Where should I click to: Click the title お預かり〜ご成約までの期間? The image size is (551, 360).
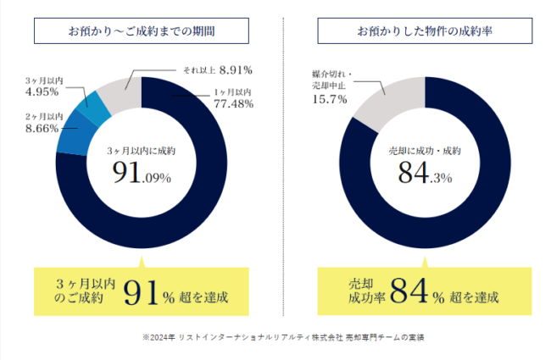(x=142, y=31)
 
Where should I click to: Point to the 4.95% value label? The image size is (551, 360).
(x=41, y=91)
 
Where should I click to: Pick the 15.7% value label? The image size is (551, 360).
(x=328, y=100)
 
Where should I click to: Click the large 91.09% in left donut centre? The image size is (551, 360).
(x=142, y=175)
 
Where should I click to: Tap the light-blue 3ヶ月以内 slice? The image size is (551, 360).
(x=90, y=108)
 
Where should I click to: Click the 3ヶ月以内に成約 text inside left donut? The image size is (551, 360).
(x=142, y=150)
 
